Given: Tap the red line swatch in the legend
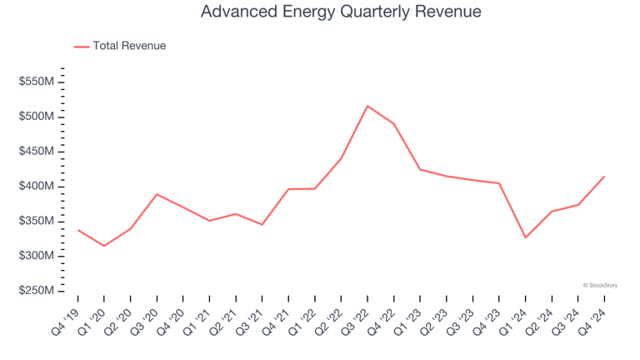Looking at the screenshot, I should click(82, 47).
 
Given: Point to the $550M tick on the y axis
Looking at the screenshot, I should click(37, 82).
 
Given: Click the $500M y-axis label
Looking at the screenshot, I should click(37, 117).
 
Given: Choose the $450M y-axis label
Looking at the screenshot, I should click(37, 152).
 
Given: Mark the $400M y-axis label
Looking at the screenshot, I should click(37, 186).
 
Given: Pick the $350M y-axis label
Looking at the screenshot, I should click(37, 221).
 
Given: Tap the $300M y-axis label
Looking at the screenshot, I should click(37, 256).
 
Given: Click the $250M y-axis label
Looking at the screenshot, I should click(37, 291).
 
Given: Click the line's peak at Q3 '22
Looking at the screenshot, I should click(367, 106).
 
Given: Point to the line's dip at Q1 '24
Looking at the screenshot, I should click(525, 237).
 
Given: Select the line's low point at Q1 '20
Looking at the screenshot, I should click(104, 246).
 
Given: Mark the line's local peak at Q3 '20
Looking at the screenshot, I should click(157, 194).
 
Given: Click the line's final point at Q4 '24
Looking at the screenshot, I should click(604, 177).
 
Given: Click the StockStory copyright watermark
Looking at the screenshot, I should click(600, 285).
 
